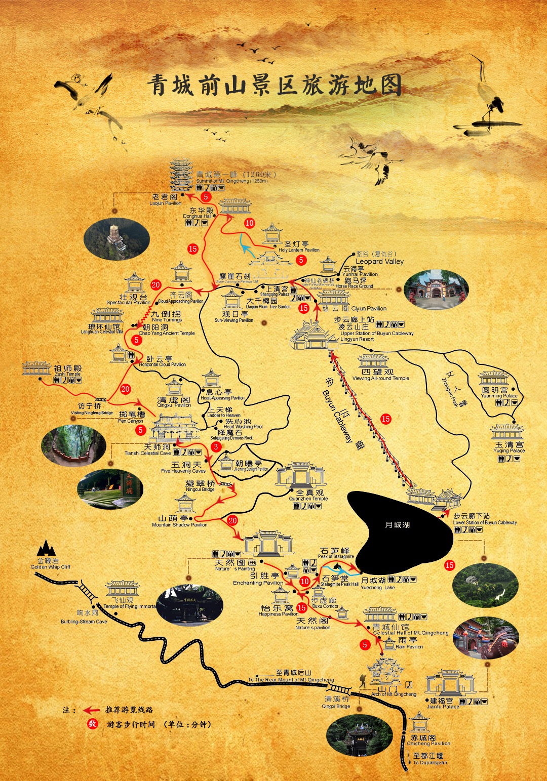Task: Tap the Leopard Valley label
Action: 379,261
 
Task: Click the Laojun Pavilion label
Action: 165,199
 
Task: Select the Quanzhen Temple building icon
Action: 300,474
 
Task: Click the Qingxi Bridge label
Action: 336,702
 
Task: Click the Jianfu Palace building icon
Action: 450,683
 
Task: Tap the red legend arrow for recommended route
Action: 91,710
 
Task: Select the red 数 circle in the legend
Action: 92,724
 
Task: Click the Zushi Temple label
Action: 67,371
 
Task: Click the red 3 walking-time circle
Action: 216,446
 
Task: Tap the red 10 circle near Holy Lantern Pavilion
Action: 249,223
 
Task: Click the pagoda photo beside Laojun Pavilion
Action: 116,238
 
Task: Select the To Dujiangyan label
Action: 429,759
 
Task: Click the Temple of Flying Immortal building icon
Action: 122,589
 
